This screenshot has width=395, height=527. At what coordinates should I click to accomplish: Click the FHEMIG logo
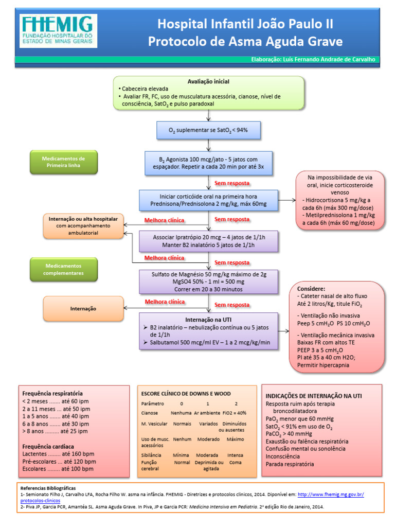pyautogui.click(x=58, y=31)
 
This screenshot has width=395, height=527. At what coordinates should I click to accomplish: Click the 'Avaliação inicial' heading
pyautogui.click(x=208, y=81)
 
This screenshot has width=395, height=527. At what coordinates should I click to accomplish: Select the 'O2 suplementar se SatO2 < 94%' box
pyautogui.click(x=208, y=130)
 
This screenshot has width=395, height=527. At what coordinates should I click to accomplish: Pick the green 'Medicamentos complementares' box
pyautogui.click(x=64, y=270)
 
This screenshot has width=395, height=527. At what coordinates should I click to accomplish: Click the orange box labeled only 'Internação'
pyautogui.click(x=83, y=309)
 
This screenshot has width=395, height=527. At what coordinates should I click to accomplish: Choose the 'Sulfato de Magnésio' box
pyautogui.click(x=208, y=282)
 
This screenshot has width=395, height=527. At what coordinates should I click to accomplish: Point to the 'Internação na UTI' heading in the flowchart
pyautogui.click(x=208, y=319)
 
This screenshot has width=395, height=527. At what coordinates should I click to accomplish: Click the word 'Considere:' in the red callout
pyautogui.click(x=311, y=289)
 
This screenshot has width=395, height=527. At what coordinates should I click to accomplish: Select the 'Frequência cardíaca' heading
pyautogui.click(x=48, y=446)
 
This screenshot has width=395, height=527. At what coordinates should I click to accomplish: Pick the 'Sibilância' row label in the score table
pyautogui.click(x=151, y=455)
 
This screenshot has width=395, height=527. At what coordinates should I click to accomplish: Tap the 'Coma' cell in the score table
pyautogui.click(x=235, y=462)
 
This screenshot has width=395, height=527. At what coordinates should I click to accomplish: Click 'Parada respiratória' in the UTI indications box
pyautogui.click(x=290, y=464)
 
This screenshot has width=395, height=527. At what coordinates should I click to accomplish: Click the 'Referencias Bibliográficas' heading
pyautogui.click(x=48, y=487)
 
